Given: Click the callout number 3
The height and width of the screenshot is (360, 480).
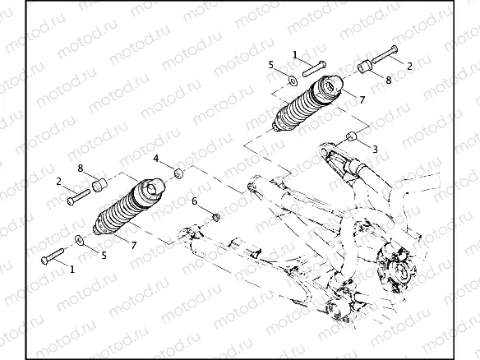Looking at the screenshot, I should coord(375,149).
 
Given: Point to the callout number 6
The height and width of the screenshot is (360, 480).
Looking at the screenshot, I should coord(194,201).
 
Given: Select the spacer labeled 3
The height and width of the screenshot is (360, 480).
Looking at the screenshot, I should coord(350,136).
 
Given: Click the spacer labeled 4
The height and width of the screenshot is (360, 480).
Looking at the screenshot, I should coord(177,174).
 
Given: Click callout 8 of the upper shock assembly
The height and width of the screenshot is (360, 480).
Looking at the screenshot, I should coord(389,81).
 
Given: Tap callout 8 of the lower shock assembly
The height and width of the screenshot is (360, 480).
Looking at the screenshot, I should coord(81,168).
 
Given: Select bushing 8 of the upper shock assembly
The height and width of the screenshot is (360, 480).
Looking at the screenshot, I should coord(364,65).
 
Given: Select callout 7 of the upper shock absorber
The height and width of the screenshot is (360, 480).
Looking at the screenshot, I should coord(362,99).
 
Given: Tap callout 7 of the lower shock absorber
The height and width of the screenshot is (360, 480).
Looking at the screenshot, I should coord(133,244).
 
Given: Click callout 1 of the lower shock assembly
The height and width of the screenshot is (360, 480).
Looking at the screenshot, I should coord(72,268).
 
